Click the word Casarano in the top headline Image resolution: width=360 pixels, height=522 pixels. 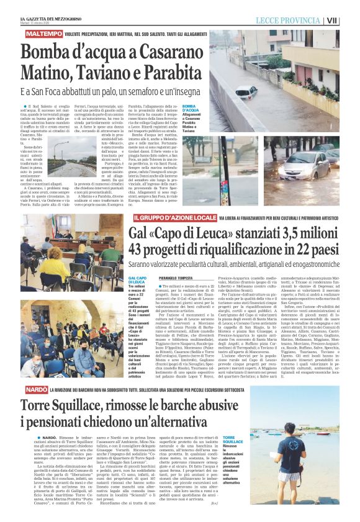[174, 50]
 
